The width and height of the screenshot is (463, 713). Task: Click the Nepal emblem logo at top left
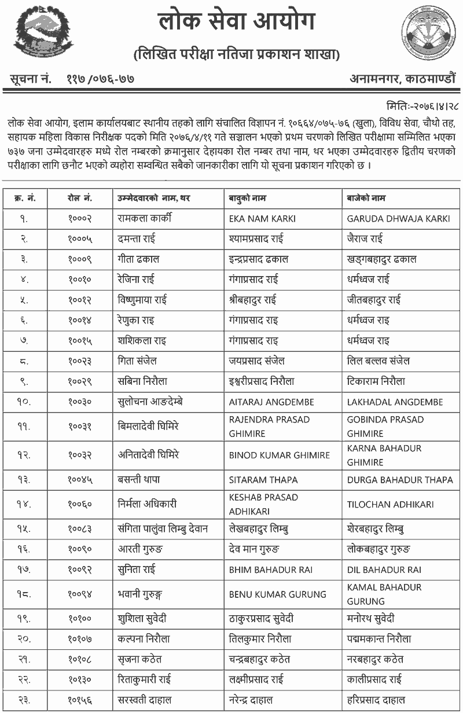coord(36,35)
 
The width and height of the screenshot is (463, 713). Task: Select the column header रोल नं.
coord(79,199)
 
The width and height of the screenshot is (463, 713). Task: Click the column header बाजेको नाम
coord(366,199)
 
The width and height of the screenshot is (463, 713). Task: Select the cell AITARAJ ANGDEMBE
coord(271,402)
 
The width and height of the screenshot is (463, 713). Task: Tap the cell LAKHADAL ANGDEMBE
coord(395,402)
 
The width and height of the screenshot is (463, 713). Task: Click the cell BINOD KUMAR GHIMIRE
coord(280,455)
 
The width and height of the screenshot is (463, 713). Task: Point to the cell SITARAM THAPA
coord(263,479)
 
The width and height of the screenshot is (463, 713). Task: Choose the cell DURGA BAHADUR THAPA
coord(400,479)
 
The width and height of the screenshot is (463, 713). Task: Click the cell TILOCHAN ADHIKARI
coord(390,504)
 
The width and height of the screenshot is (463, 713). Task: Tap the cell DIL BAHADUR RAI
coord(384,569)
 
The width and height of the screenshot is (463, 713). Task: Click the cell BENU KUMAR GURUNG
coord(278,594)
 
